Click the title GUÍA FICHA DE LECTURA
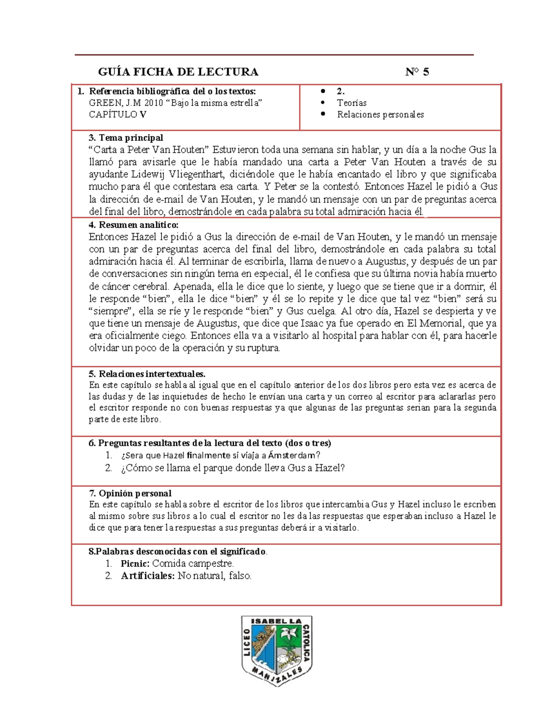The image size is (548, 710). click(x=179, y=72)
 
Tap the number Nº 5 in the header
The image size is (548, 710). click(x=417, y=72)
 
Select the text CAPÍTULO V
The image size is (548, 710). click(x=117, y=114)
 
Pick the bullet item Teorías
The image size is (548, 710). click(x=352, y=103)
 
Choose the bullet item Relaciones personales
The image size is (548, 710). click(x=380, y=114)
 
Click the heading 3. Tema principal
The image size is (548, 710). click(x=126, y=138)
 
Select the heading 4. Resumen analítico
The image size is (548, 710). click(x=133, y=224)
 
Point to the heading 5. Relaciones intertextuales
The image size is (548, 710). click(x=147, y=374)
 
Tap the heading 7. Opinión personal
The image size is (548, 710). click(x=130, y=493)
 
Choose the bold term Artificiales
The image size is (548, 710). click(x=148, y=576)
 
